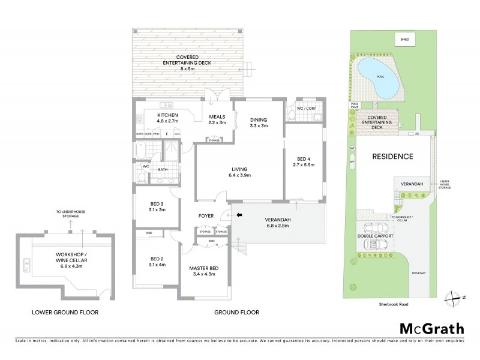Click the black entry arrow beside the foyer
click(x=239, y=214)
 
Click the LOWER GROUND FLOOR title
click(x=66, y=313)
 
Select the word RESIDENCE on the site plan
click(x=393, y=157)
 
